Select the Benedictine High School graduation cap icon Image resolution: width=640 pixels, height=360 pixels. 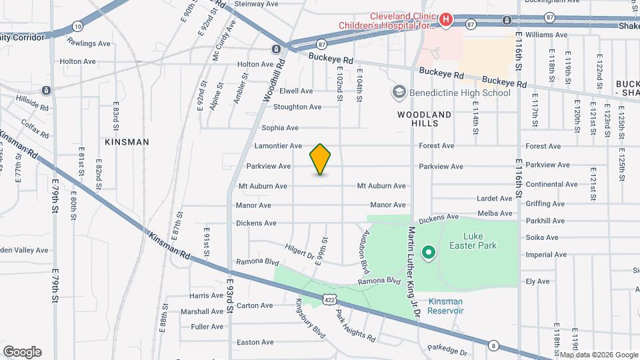point(399,92)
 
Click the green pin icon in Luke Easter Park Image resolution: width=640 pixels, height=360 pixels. point(430,253)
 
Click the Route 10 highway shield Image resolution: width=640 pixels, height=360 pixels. point(78,26)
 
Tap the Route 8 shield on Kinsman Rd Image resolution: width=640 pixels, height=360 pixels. point(493,345)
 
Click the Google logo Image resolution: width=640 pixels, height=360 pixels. point(22,352)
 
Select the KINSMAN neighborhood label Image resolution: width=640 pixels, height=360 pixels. point(127,142)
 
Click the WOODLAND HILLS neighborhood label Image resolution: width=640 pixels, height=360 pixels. point(424,119)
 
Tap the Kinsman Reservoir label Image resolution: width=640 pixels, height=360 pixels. point(445,306)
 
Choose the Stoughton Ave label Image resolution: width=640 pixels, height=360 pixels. point(297,107)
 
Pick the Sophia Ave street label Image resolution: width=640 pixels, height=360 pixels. point(280,127)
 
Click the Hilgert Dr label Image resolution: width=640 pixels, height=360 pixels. point(299,250)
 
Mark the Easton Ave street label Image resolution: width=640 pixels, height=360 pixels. point(255,342)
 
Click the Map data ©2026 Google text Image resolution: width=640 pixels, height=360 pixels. point(597,354)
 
